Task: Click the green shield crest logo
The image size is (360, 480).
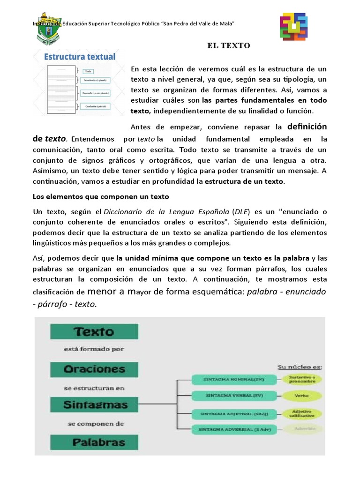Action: tap(50, 29)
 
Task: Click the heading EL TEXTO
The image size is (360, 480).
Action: tap(229, 45)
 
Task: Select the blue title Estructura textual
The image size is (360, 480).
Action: tap(80, 57)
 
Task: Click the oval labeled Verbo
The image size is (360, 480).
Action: tap(301, 396)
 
